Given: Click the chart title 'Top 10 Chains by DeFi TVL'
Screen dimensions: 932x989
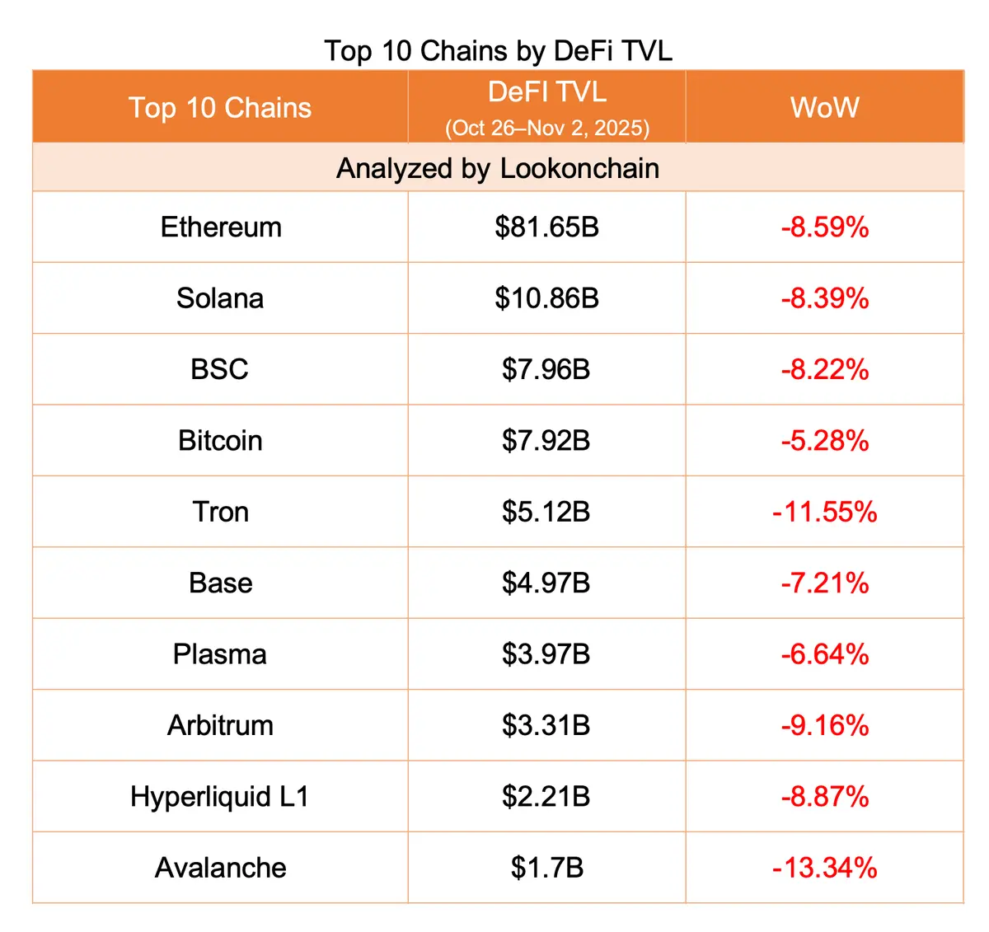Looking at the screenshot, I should (498, 51).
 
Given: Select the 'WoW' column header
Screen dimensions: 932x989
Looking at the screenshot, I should (824, 108).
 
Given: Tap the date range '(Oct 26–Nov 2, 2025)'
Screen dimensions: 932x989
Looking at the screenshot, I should (547, 129).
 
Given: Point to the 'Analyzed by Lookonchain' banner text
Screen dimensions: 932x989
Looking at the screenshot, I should (498, 168).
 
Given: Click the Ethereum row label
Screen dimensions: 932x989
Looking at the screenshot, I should (221, 227).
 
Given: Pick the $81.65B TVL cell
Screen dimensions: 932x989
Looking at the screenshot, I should (546, 227).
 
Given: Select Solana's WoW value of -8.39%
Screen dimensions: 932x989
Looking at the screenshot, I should (824, 298).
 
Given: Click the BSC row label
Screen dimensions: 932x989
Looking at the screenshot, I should (219, 369).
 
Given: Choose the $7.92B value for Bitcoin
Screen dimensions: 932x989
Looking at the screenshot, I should (546, 441).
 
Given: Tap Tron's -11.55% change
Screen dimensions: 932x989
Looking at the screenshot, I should (824, 512).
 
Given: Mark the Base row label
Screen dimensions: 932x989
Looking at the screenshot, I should (220, 583).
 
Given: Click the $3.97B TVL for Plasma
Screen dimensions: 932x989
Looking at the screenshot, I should (546, 654).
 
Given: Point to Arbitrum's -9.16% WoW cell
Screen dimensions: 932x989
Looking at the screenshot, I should (824, 725).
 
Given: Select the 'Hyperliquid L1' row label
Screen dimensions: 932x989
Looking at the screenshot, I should (219, 797).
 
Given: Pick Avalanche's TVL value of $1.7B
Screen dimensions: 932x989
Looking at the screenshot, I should (546, 868).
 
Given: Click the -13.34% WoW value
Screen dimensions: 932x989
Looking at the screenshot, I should (824, 868).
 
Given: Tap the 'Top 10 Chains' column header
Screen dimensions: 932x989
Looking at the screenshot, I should (220, 108).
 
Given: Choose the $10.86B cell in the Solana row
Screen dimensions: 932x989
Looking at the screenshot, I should (546, 298).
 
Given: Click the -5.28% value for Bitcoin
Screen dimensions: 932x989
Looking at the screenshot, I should (824, 441).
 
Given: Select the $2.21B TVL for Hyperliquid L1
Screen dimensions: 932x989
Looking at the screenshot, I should (546, 797).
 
